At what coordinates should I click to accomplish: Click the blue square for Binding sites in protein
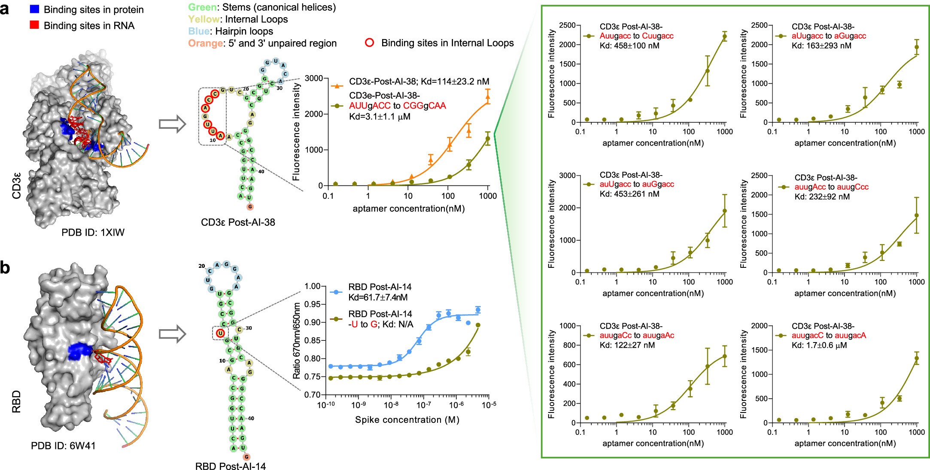[35, 9]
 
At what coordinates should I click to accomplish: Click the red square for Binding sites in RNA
[35, 25]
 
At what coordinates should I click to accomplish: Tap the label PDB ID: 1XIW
[93, 232]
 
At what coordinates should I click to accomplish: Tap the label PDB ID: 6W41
[63, 446]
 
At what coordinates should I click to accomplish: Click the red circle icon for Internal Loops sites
[369, 42]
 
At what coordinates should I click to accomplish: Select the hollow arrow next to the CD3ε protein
[172, 124]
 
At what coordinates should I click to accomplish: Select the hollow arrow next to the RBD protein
[172, 335]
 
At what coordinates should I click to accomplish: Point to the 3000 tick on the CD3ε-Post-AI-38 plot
[314, 78]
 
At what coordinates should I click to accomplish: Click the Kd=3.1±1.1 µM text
[380, 116]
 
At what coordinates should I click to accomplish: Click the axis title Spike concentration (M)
[407, 419]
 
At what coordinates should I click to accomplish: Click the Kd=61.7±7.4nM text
[378, 297]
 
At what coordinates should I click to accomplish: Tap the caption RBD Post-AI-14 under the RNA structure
[230, 466]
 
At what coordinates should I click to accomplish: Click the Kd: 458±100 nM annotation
[629, 45]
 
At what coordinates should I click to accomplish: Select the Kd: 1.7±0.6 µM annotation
[819, 345]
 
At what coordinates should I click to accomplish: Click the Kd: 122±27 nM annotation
[627, 345]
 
